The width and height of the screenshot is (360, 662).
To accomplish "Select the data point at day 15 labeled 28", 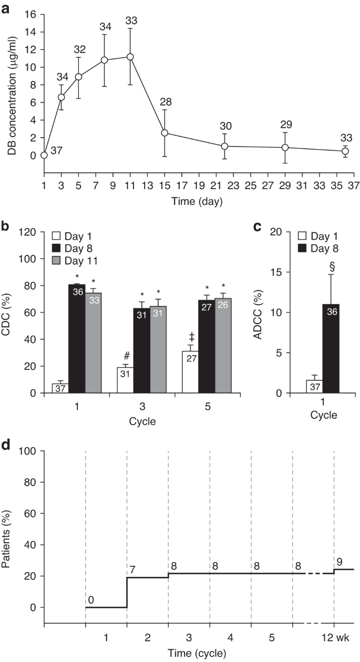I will (164, 133).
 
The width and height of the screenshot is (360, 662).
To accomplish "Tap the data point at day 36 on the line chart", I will (345, 151).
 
